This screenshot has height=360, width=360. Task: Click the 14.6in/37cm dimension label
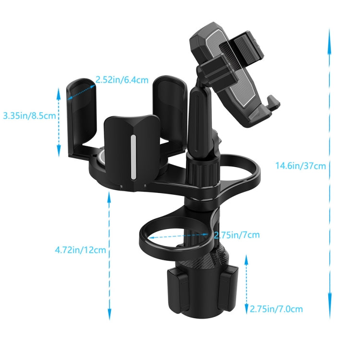[x=300, y=166]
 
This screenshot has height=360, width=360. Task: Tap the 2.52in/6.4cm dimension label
[x=121, y=80]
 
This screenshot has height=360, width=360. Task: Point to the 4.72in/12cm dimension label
[x=80, y=250]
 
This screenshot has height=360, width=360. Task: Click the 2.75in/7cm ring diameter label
[x=237, y=235]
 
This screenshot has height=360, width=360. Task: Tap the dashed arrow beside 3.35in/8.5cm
[x=59, y=120]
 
